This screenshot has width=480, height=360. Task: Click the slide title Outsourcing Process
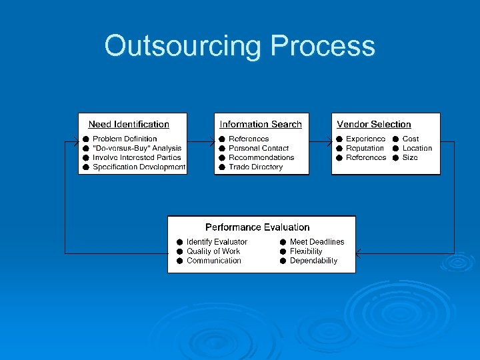(239, 47)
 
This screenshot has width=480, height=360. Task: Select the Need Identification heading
(129, 124)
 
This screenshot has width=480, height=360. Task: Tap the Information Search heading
(261, 124)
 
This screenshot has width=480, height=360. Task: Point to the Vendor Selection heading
(374, 124)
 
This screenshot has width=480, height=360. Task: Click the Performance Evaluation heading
(257, 227)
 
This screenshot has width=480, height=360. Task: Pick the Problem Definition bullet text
(125, 139)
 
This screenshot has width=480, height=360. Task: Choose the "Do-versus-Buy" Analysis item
(137, 148)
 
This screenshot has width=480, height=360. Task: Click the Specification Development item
(139, 167)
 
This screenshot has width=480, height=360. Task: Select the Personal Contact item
(259, 148)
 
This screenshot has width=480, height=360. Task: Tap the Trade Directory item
(255, 167)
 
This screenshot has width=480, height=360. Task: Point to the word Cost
(411, 139)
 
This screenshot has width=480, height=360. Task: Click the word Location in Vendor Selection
(417, 148)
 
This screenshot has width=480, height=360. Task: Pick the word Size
(410, 157)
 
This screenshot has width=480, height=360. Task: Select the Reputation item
(365, 148)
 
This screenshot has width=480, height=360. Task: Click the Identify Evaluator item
(217, 242)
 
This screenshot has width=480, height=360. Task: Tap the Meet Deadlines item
(317, 242)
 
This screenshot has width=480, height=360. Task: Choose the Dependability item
(313, 261)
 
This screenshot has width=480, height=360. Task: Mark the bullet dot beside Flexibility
(283, 251)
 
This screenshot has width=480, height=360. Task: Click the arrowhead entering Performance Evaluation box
(359, 253)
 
